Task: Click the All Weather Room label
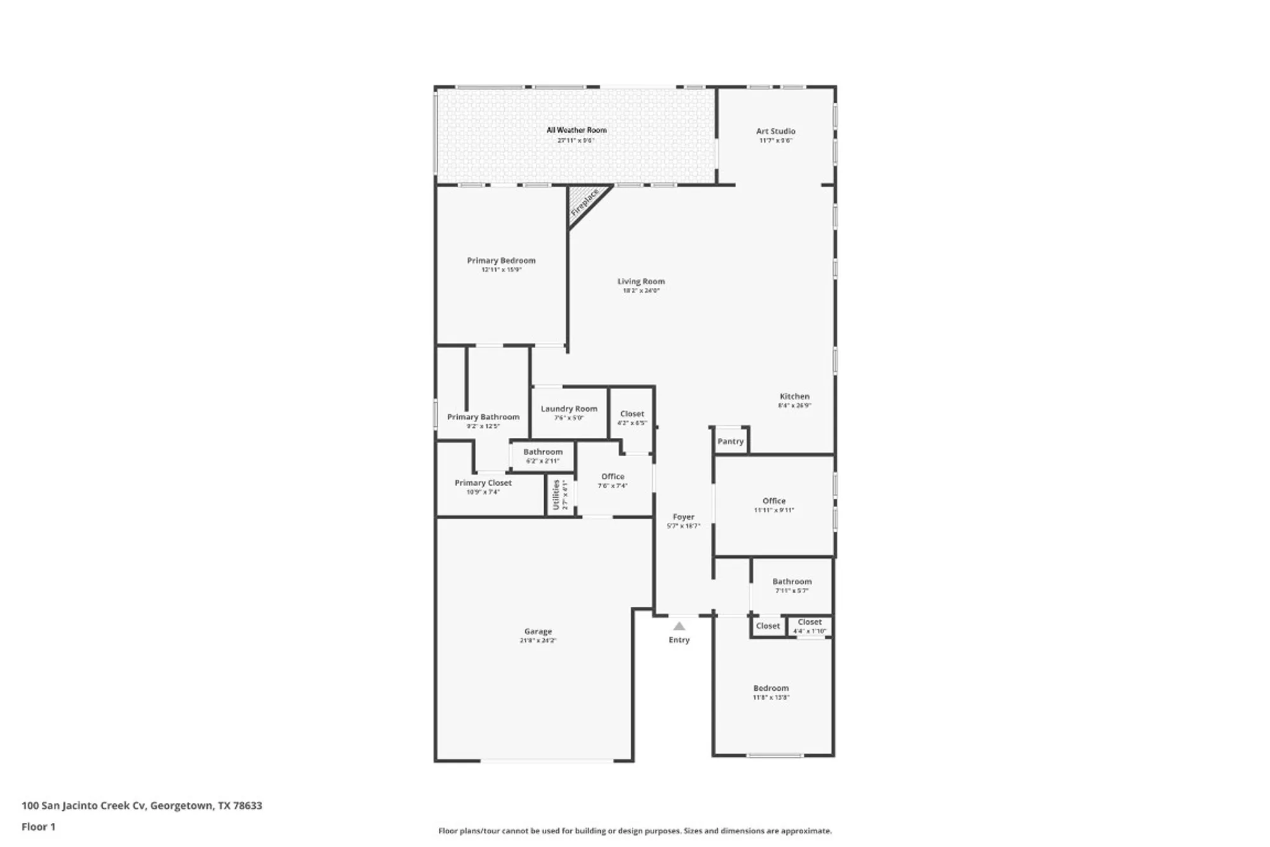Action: click(577, 130)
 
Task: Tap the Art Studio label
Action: click(775, 132)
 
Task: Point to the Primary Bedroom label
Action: click(501, 261)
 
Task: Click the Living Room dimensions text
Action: click(641, 291)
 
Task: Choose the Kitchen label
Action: click(794, 396)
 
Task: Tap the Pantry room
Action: click(730, 441)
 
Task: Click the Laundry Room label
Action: click(569, 409)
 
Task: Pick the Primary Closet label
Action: click(483, 483)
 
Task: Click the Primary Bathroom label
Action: click(483, 417)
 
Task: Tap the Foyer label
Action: click(683, 517)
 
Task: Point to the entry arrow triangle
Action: click(679, 626)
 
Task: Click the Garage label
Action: click(538, 632)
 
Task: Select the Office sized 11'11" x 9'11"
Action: click(773, 505)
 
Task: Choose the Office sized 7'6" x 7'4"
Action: click(613, 480)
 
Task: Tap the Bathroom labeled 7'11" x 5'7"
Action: click(791, 585)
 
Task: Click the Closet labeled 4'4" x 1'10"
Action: click(810, 626)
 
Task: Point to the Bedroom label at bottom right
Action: click(771, 688)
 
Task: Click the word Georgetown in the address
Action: click(181, 806)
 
